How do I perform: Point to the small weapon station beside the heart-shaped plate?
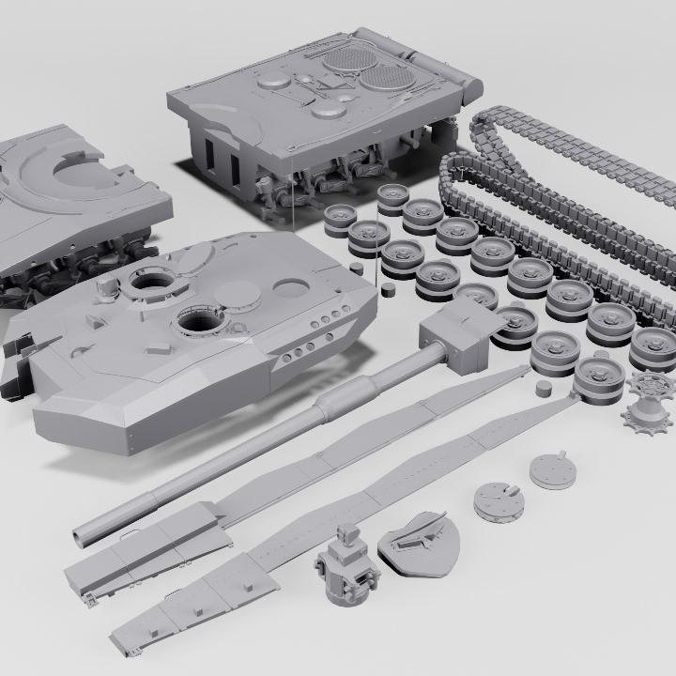(348, 567)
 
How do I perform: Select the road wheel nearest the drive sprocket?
(599, 375)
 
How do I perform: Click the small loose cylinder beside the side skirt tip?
(542, 387)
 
